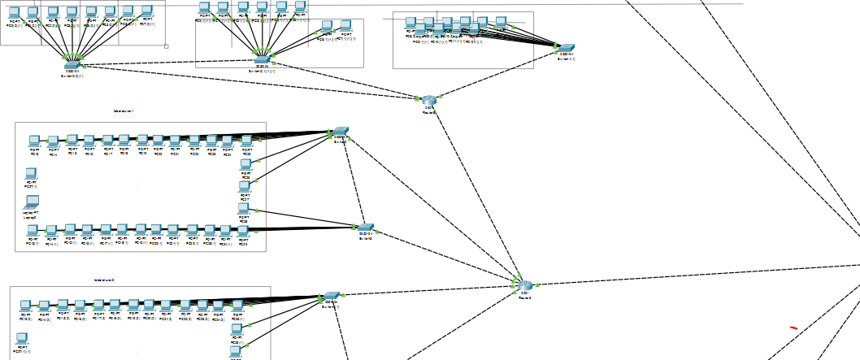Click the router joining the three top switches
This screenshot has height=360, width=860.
429,99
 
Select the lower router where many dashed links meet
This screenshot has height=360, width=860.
523,285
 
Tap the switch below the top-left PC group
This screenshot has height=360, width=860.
72,65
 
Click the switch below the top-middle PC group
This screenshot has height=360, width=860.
261,59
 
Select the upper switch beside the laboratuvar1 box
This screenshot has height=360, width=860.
340,131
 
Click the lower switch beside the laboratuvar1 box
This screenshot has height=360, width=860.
366,228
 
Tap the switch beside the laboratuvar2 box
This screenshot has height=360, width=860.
329,297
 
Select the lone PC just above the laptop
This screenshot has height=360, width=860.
31,173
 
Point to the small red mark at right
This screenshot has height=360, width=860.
793,327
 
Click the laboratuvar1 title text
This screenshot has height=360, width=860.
124,111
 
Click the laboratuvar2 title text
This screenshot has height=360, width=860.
104,280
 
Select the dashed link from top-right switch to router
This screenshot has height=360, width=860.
497,73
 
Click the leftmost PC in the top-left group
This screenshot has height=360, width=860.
14,13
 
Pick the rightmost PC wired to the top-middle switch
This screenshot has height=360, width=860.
345,27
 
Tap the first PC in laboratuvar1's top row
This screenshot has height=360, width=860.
34,141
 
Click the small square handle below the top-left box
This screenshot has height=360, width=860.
166,46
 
